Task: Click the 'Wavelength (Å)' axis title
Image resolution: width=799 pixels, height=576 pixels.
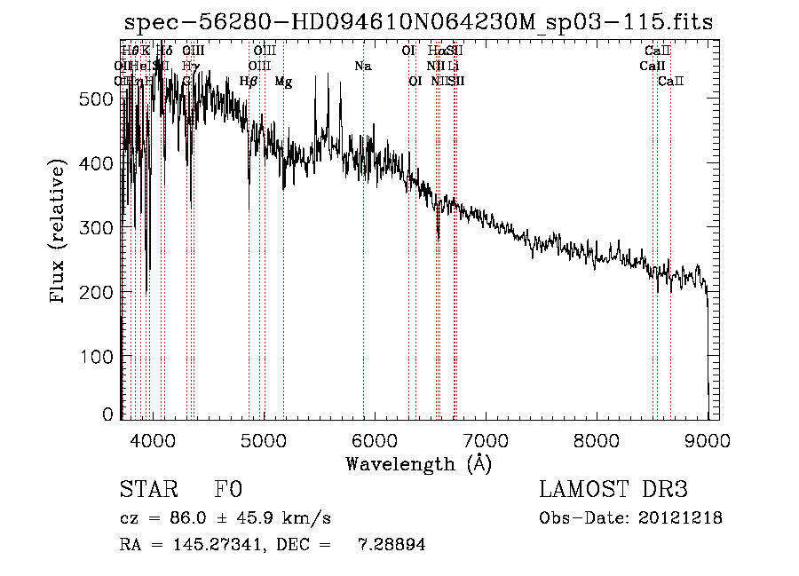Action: click(x=418, y=464)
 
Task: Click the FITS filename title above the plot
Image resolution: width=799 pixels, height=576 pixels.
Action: click(x=418, y=23)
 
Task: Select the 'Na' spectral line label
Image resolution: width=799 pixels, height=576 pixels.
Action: click(x=362, y=66)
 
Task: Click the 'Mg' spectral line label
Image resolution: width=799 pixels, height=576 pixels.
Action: click(x=283, y=82)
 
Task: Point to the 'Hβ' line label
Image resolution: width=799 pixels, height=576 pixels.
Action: click(x=249, y=82)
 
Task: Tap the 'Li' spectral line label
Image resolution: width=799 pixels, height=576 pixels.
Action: click(x=453, y=66)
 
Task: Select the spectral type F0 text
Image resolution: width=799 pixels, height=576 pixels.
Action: click(x=228, y=491)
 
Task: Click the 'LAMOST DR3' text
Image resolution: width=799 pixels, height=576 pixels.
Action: click(x=613, y=491)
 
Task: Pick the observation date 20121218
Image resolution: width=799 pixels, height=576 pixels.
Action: click(x=682, y=518)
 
